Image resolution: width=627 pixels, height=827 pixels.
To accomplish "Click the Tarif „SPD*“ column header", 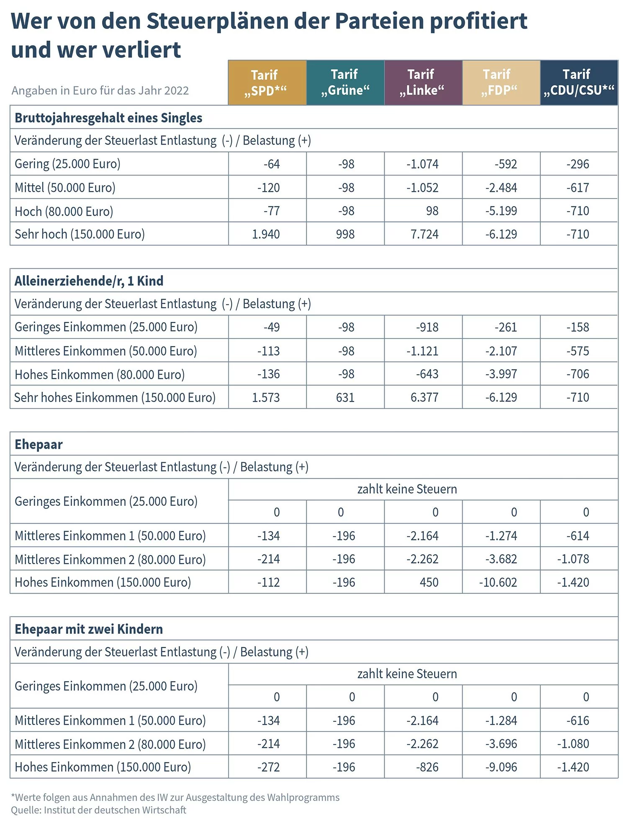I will click(267, 83).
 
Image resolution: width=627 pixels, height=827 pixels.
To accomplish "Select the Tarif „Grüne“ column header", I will click(345, 83).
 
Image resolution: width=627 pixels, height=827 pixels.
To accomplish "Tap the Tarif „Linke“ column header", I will click(423, 83).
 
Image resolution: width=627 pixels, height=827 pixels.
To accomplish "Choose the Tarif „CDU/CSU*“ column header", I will click(578, 83).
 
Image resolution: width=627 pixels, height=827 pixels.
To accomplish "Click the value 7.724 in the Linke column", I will click(424, 234).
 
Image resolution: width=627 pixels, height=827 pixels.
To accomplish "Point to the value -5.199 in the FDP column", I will click(501, 211).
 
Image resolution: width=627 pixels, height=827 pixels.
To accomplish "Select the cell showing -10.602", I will click(498, 582).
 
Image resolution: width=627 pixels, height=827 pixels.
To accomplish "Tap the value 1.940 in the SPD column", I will click(266, 234).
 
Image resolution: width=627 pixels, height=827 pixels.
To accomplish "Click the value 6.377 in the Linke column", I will click(424, 397).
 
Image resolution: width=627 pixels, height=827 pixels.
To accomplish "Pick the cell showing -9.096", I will click(501, 767).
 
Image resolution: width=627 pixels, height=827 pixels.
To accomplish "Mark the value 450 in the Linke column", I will click(429, 582).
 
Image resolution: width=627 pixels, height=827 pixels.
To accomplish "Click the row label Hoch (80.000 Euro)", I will click(64, 211).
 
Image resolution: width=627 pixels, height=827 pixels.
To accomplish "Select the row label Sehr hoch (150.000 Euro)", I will click(80, 234).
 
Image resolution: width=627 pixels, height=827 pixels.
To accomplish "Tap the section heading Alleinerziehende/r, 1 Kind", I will click(89, 281).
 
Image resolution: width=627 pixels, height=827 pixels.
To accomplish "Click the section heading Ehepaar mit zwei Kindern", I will click(89, 629).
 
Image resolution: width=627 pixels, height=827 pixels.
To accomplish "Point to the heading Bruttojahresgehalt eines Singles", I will click(108, 118).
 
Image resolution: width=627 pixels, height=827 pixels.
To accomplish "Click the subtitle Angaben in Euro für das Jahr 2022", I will click(100, 90).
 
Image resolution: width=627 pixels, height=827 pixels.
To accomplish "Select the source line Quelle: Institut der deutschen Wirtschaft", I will click(98, 810).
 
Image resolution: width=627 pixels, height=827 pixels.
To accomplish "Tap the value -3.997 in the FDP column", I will click(501, 374).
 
